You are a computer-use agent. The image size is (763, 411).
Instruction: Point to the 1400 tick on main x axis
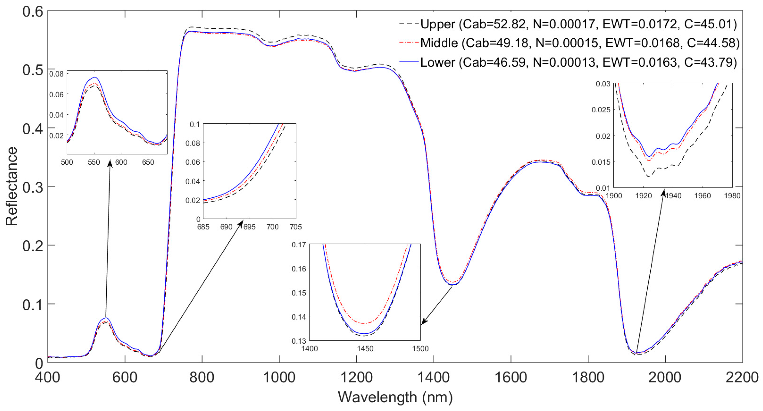tap(433, 378)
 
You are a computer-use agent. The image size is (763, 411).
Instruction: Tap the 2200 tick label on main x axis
tap(742, 378)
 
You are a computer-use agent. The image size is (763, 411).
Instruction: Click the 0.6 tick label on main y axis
tap(33, 12)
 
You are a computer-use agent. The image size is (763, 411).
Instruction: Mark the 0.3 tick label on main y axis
tap(33, 187)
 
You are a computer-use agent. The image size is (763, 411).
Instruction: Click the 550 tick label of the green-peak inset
tap(94, 162)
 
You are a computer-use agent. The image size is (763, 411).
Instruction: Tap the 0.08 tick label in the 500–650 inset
tap(56, 74)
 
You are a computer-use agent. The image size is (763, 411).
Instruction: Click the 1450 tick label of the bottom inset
tap(365, 348)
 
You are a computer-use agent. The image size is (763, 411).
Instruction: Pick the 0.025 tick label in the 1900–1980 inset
tap(601, 110)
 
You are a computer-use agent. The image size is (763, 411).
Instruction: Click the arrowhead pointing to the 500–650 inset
tap(110, 163)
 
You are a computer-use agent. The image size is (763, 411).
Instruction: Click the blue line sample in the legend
tap(409, 62)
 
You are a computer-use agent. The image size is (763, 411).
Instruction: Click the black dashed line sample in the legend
tap(409, 23)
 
